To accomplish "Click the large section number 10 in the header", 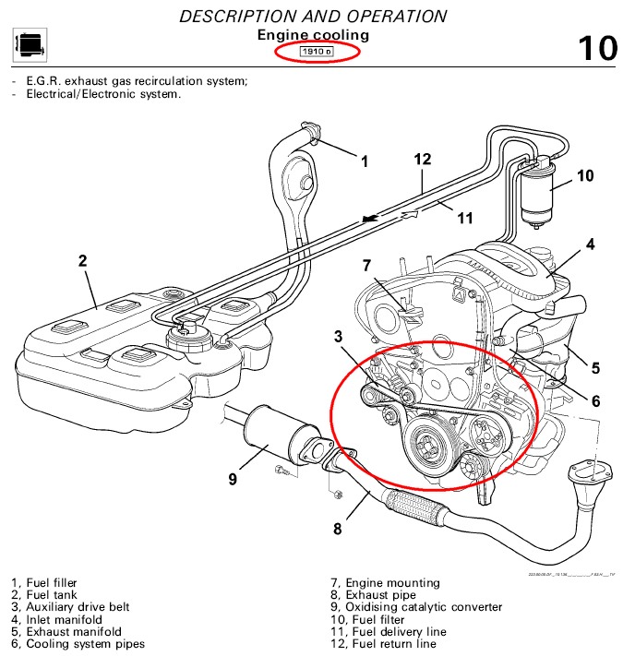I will [596, 46].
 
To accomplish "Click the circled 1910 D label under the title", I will [317, 53].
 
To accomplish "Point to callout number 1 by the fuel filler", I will [364, 161].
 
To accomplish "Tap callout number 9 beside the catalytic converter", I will [233, 479].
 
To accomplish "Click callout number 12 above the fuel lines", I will [422, 159].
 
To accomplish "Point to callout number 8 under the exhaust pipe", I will [337, 529].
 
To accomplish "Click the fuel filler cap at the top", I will [310, 131].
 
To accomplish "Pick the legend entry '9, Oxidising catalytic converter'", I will [416, 607].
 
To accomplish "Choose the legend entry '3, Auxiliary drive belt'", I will [70, 607].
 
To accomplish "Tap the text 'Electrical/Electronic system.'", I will [103, 93].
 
